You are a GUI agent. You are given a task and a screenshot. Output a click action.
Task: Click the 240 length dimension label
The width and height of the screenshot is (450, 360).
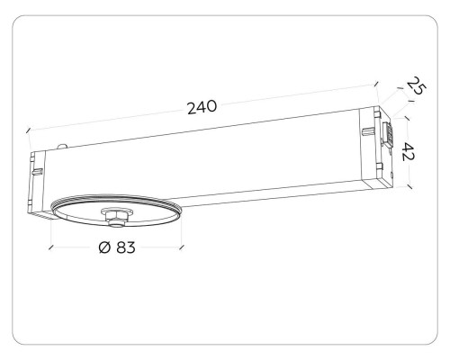[x=202, y=106]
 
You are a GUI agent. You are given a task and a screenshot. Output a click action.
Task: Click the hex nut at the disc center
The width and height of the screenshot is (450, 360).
[x=115, y=214]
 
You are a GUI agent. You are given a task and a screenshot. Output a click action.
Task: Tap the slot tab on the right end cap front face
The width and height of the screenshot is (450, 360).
[x=368, y=133]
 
